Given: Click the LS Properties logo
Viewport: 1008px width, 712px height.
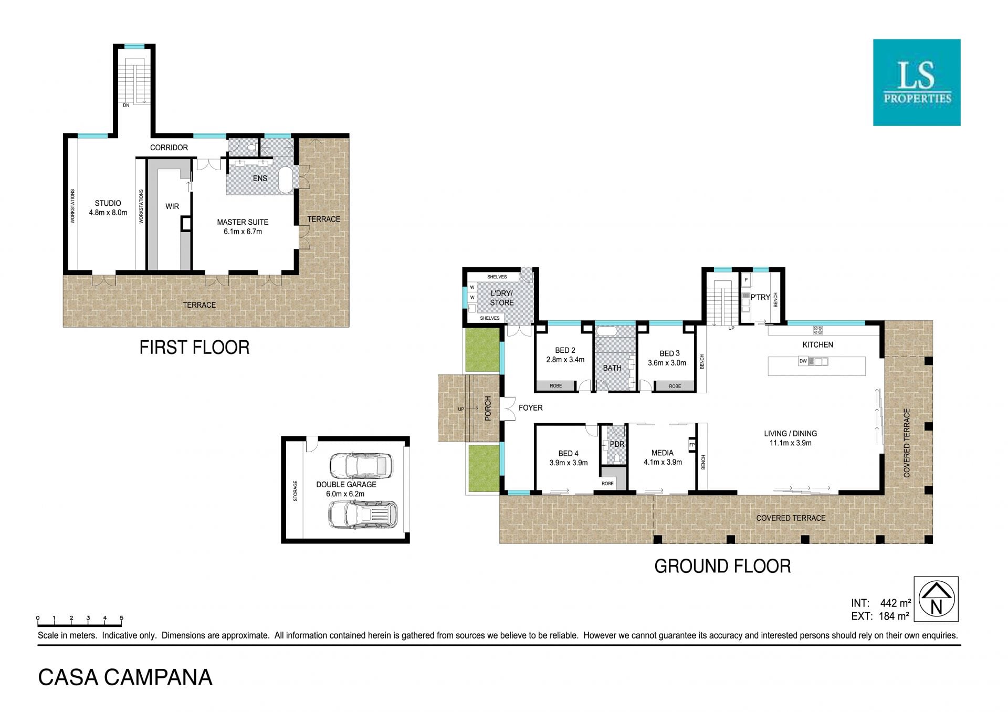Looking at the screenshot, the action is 917,82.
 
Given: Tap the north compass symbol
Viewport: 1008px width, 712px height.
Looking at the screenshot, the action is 936,599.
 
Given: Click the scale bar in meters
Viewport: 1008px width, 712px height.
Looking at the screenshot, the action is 80,622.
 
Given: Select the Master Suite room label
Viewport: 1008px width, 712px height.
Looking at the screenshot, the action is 243,227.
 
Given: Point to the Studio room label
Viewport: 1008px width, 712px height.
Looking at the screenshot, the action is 108,208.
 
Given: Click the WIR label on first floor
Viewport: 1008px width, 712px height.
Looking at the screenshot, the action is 172,206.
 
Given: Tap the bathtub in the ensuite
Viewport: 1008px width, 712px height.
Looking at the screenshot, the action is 286,180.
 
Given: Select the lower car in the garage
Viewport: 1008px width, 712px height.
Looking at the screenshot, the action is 362,514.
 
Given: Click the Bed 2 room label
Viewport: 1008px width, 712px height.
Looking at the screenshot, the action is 565,355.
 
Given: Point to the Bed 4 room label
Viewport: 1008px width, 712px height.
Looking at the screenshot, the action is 569,458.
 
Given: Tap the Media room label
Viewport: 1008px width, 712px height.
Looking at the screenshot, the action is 663,457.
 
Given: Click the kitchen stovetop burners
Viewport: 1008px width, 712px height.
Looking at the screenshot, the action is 818,330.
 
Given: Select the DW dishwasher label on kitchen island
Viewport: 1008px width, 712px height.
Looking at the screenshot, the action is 803,361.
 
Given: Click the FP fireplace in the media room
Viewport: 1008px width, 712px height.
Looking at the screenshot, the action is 692,445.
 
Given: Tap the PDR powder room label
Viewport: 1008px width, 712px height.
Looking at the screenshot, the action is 617,444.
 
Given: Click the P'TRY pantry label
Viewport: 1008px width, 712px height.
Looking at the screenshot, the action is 760,297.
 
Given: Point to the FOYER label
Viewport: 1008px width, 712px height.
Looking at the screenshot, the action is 531,407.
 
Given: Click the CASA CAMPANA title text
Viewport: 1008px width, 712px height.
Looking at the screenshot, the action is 125,677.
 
